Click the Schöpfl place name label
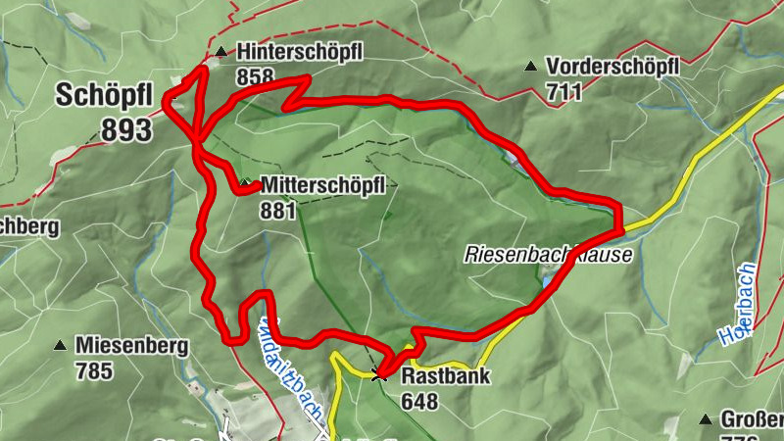tap(103, 95)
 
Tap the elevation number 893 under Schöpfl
tap(126, 129)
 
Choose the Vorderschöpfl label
tap(613, 67)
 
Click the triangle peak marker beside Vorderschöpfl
tap(530, 67)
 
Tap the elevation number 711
tap(565, 92)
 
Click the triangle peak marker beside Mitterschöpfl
tap(245, 183)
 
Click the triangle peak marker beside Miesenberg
tap(60, 346)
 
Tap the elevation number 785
tap(94, 371)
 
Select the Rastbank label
tap(445, 376)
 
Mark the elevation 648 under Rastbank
tap(419, 402)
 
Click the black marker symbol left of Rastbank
tap(379, 373)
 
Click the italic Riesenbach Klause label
tap(548, 255)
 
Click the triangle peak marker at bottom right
tap(704, 420)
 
